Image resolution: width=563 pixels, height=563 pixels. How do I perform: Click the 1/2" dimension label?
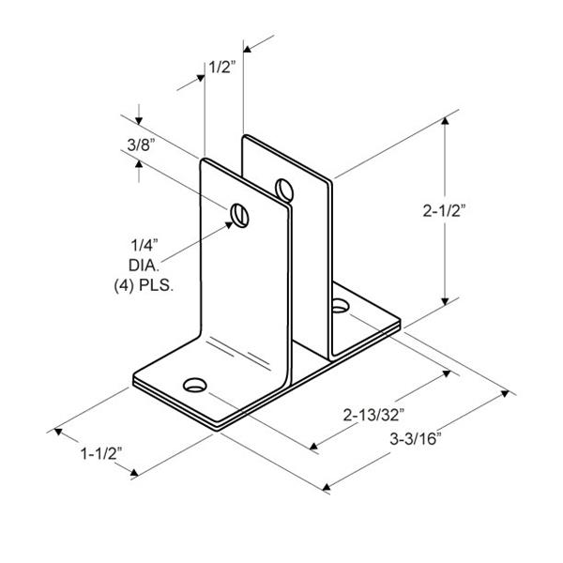pyautogui.click(x=222, y=67)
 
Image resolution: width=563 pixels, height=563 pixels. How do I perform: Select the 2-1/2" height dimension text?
pyautogui.click(x=444, y=211)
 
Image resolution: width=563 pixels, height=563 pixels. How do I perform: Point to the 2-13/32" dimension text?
pyautogui.click(x=373, y=416)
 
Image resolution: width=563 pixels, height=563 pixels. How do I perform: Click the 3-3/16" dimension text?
pyautogui.click(x=415, y=439)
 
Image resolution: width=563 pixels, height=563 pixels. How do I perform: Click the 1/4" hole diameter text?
pyautogui.click(x=145, y=246)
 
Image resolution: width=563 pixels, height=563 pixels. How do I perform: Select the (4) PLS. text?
pyautogui.click(x=144, y=286)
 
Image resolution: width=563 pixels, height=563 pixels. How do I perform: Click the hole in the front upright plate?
pyautogui.click(x=240, y=216)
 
